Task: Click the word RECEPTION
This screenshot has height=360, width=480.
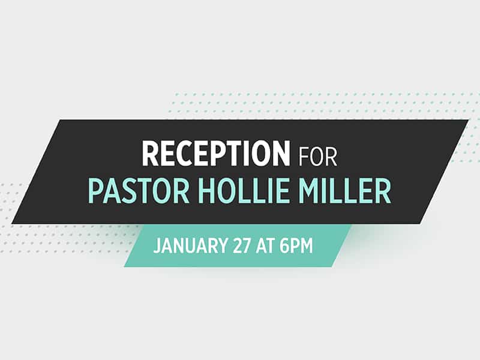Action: pyautogui.click(x=215, y=153)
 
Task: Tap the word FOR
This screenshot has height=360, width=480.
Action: pyautogui.click(x=317, y=157)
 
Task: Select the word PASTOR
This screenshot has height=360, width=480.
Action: pyautogui.click(x=139, y=192)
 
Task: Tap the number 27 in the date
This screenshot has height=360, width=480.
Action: pyautogui.click(x=242, y=245)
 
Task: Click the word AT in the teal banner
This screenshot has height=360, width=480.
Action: pyautogui.click(x=265, y=245)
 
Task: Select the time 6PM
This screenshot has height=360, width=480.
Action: pyautogui.click(x=296, y=245)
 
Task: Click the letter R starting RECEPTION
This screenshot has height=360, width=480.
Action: pyautogui.click(x=150, y=153)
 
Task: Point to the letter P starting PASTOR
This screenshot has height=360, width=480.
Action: pyautogui.click(x=96, y=192)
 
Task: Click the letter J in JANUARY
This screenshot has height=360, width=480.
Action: pyautogui.click(x=157, y=245)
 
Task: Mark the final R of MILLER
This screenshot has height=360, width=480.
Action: pyautogui.click(x=383, y=192)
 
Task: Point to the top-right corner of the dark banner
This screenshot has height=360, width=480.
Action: pyautogui.click(x=469, y=119)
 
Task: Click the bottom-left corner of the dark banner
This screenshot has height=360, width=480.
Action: pyautogui.click(x=11, y=223)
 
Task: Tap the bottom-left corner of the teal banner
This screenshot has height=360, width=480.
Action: pyautogui.click(x=124, y=266)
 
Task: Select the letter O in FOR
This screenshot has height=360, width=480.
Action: pyautogui.click(x=317, y=157)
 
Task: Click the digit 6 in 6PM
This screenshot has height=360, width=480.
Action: pyautogui.click(x=284, y=245)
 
